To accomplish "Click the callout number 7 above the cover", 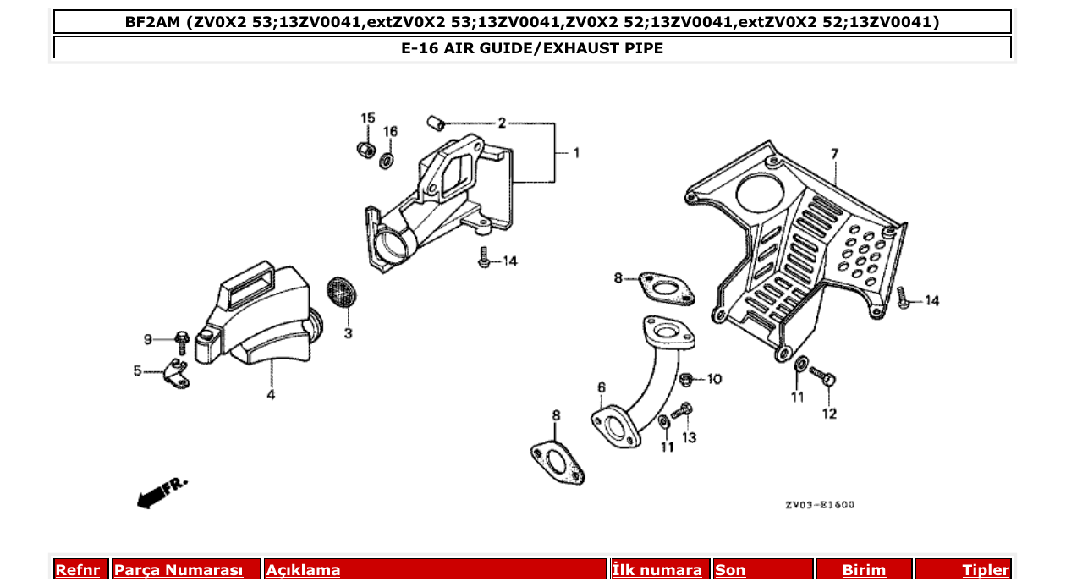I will tap(834, 154).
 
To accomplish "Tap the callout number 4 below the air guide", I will tap(271, 395).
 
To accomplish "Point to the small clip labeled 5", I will tap(176, 373).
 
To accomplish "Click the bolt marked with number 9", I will tap(181, 341).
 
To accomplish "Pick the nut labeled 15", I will tap(366, 150).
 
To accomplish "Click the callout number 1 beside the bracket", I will tap(576, 153).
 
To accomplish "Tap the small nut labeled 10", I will tap(688, 379).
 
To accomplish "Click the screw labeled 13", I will tap(683, 412).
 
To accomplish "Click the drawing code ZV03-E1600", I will tap(819, 505).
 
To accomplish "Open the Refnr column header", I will tap(79, 570).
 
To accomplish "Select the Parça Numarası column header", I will tap(179, 570).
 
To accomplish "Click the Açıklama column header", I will tap(304, 570).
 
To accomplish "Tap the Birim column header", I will tap(864, 570).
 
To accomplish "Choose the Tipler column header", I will tap(985, 570).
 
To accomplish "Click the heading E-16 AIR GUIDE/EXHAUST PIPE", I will tap(532, 48).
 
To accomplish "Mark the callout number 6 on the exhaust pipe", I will tap(602, 387).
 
